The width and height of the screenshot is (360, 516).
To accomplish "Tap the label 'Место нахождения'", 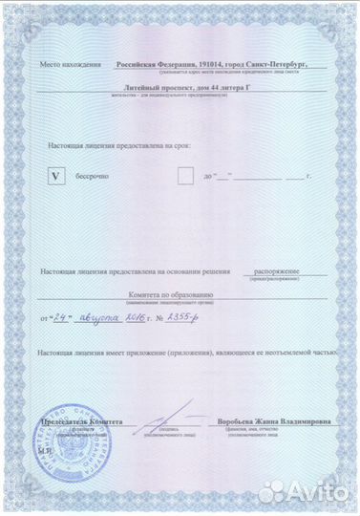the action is click(x=71, y=65).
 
